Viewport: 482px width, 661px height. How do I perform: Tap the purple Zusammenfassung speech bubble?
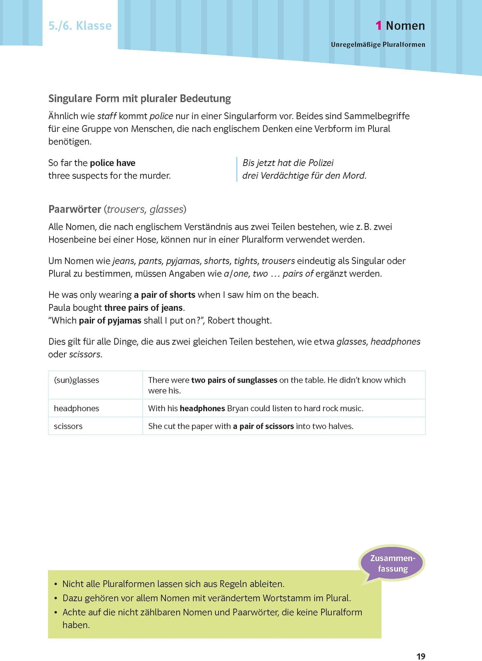point(393,563)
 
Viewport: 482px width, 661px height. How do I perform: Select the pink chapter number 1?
point(378,26)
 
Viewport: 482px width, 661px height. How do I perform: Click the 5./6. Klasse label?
point(80,26)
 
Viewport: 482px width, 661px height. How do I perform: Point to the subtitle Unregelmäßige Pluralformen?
point(378,45)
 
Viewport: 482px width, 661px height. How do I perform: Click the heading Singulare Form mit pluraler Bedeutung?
point(139,98)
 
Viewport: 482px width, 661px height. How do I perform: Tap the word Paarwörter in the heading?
point(75,209)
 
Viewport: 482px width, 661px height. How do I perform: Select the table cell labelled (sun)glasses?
point(77,380)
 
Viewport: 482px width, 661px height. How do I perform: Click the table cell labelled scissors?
point(68,426)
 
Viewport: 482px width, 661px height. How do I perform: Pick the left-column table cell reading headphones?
point(77,409)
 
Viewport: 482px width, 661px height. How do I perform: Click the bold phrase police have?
point(113,163)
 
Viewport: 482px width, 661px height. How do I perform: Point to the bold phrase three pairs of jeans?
point(143,308)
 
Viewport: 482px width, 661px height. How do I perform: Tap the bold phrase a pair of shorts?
point(164,295)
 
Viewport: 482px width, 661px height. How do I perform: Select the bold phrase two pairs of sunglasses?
point(234,380)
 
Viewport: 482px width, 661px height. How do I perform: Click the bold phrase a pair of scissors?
point(264,426)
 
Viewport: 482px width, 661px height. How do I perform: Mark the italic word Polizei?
point(321,163)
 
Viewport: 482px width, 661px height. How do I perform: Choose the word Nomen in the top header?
point(405,26)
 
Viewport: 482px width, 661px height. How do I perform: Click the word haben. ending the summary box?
point(76,625)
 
